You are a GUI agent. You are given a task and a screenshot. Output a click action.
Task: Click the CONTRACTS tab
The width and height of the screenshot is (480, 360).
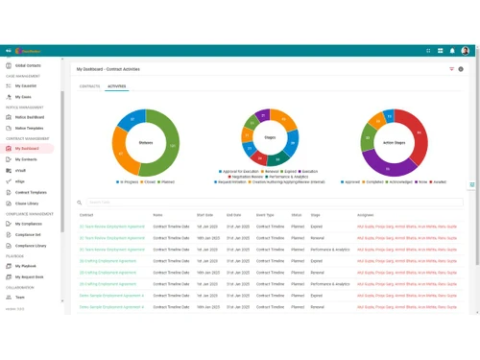[x=89, y=86]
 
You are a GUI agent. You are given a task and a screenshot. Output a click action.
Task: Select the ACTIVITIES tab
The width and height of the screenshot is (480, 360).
[x=116, y=86]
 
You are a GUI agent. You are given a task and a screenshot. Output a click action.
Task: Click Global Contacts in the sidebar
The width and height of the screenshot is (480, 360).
[x=28, y=65]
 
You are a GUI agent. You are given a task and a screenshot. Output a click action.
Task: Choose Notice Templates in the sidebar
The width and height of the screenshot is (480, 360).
[x=29, y=128]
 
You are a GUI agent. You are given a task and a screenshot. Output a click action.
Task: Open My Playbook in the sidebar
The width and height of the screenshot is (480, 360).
[x=26, y=266]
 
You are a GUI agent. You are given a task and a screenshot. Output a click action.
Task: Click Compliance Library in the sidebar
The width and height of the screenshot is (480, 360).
[x=31, y=246]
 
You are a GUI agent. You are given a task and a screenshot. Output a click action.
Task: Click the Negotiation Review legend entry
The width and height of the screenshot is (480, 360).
[x=248, y=177]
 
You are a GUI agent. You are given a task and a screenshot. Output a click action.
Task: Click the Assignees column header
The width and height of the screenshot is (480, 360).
[x=366, y=215]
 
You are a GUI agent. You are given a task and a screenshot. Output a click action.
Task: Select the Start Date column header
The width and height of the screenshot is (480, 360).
[x=204, y=215]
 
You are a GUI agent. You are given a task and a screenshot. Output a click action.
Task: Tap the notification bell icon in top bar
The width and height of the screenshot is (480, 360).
[x=452, y=51]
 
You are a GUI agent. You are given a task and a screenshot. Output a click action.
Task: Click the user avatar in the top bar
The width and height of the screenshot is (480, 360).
[x=466, y=51]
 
